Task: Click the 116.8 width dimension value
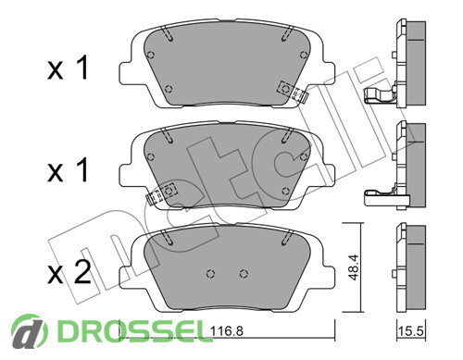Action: (x=227, y=331)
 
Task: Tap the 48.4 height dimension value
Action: (x=353, y=267)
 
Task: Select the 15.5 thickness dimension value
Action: (x=411, y=331)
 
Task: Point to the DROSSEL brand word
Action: (x=134, y=331)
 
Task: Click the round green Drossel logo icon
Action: (x=30, y=331)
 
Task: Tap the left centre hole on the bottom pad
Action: (x=210, y=273)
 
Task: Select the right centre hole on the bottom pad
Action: (x=244, y=273)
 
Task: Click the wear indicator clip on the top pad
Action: (x=292, y=91)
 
